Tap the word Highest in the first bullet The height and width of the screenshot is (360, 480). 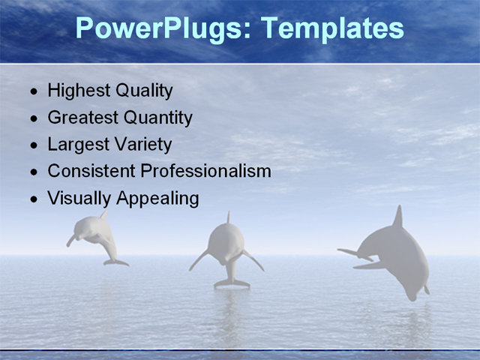78,91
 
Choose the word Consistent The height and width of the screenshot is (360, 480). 91,171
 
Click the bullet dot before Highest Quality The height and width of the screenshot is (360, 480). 33,92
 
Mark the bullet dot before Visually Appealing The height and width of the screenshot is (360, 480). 33,199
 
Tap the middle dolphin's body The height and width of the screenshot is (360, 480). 226,244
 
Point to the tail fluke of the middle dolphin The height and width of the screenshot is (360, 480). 232,283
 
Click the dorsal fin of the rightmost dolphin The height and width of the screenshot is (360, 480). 397,217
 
